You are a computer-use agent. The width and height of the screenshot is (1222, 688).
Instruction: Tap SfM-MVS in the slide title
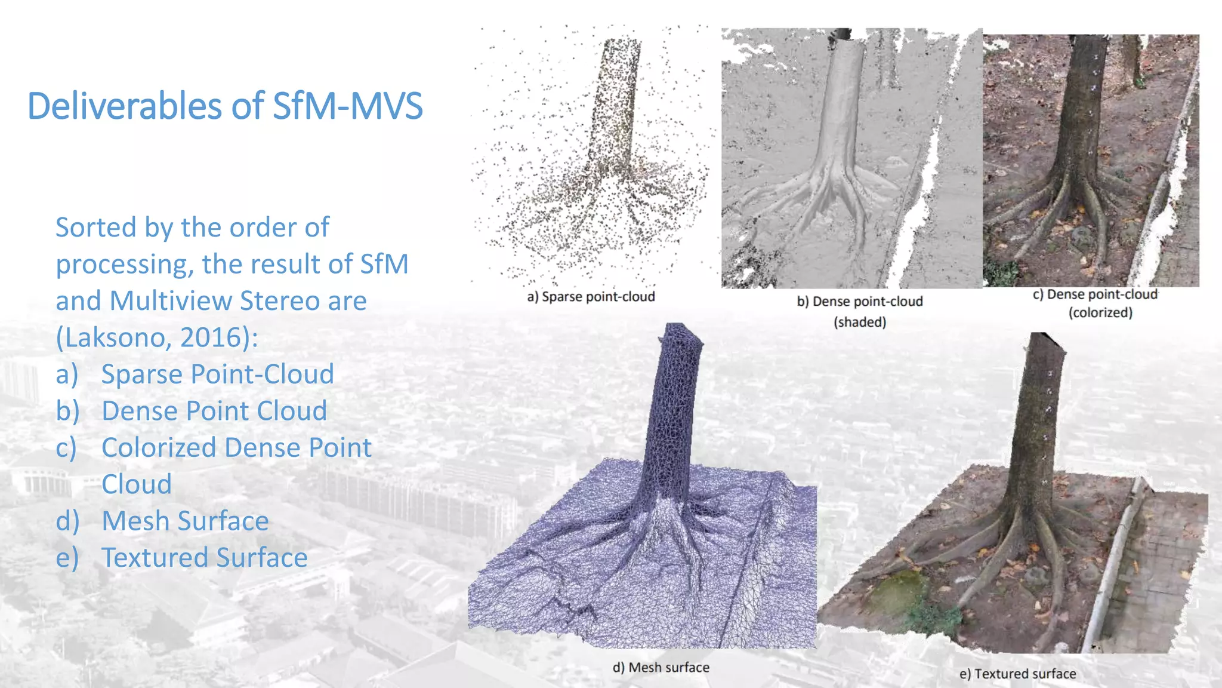point(347,106)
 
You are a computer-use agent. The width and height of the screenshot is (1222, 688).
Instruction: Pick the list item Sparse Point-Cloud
point(217,374)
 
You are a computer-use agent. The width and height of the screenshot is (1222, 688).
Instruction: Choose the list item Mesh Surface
point(185,521)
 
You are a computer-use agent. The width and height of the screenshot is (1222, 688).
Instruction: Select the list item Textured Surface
point(204,558)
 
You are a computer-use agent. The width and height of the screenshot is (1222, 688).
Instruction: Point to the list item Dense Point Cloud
point(214,411)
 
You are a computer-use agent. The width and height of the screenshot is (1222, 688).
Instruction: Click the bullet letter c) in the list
point(67,448)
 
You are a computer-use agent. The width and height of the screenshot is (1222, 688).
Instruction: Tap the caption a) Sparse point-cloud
point(591,297)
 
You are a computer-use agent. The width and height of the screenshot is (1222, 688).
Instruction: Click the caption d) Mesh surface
point(661,667)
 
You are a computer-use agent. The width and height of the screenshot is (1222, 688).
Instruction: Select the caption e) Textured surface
point(1017,674)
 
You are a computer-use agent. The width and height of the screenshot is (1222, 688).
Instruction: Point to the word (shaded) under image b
point(860,322)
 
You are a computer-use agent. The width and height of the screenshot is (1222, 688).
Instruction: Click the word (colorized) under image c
point(1100,312)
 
